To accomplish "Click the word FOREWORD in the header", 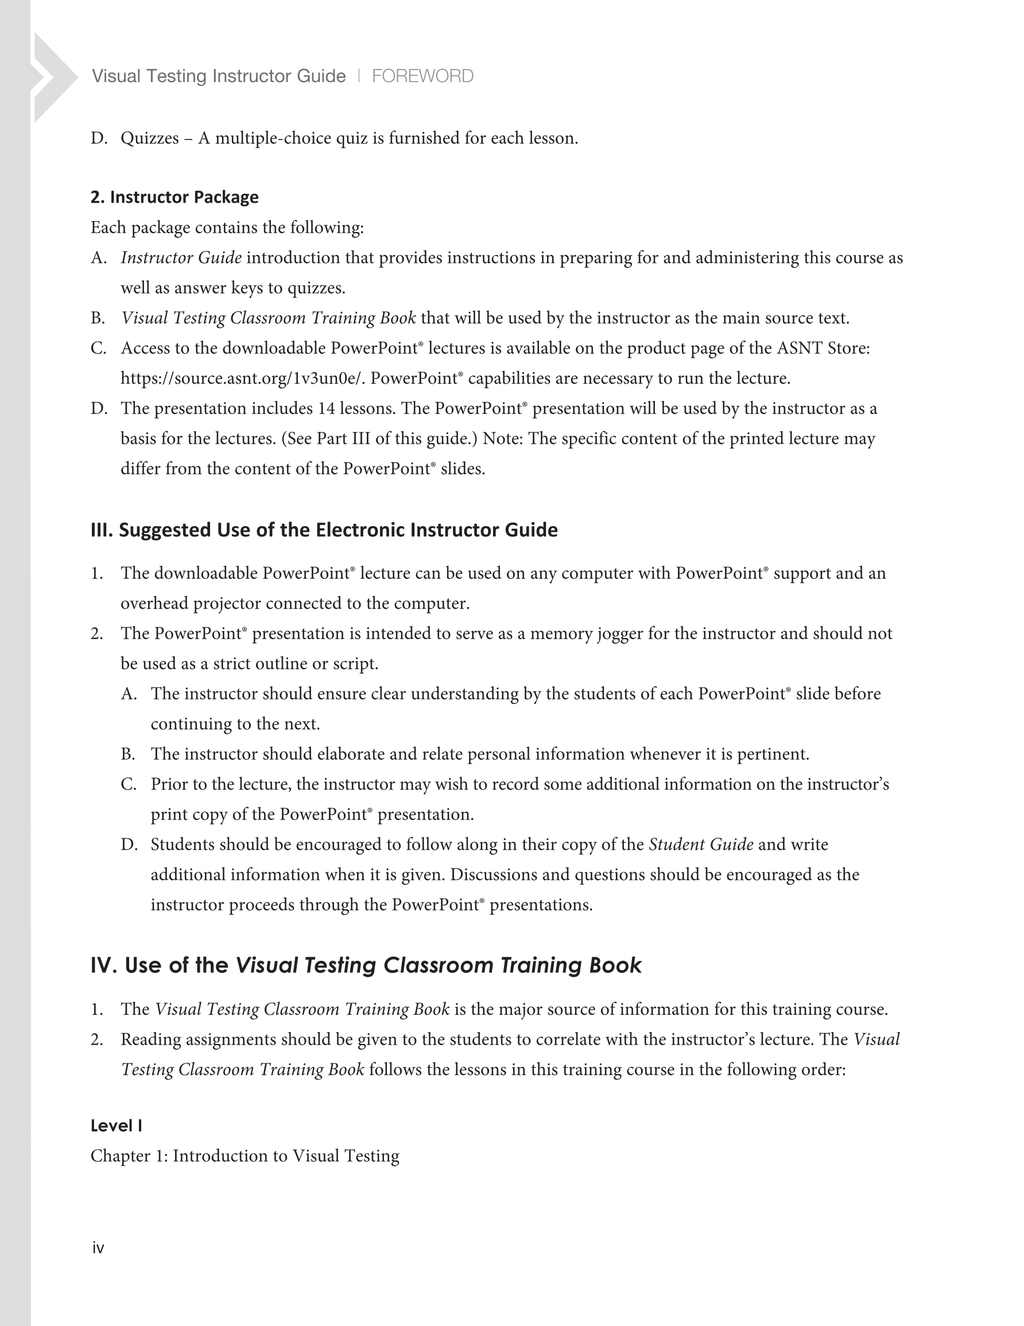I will tap(422, 76).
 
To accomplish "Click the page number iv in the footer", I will tap(98, 1248).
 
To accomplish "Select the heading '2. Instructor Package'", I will tap(174, 198).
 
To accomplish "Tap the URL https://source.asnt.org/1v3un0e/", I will tap(242, 379).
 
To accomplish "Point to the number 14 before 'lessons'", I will tap(326, 409).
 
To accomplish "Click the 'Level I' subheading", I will tap(116, 1126).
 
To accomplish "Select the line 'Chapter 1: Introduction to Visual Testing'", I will tap(245, 1156).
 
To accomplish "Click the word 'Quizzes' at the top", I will tap(149, 138).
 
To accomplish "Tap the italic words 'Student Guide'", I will tap(700, 845).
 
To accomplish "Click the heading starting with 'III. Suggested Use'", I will tap(324, 530).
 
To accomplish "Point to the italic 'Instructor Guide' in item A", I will tap(181, 258).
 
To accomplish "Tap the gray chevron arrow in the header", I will tap(53, 78).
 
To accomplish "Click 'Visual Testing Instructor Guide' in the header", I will tap(219, 76).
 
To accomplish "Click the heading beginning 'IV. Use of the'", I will tap(366, 965).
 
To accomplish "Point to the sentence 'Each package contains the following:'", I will tap(227, 227).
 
